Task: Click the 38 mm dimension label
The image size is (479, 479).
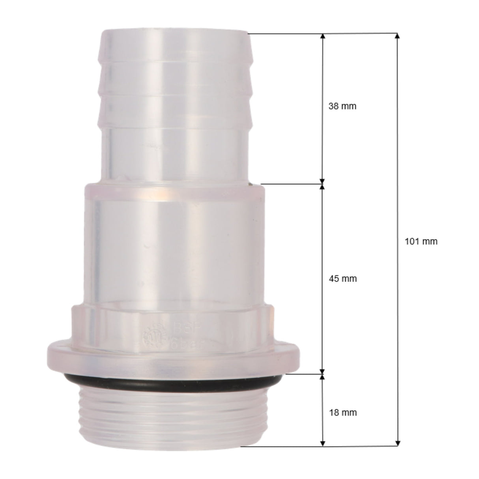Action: pyautogui.click(x=342, y=107)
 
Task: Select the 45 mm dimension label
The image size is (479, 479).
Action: pyautogui.click(x=342, y=279)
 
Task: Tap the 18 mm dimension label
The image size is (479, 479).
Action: pyautogui.click(x=342, y=412)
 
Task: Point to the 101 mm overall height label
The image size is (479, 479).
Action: pyautogui.click(x=421, y=241)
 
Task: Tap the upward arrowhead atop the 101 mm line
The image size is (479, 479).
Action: pyautogui.click(x=397, y=36)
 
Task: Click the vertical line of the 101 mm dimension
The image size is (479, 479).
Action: pyautogui.click(x=397, y=158)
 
